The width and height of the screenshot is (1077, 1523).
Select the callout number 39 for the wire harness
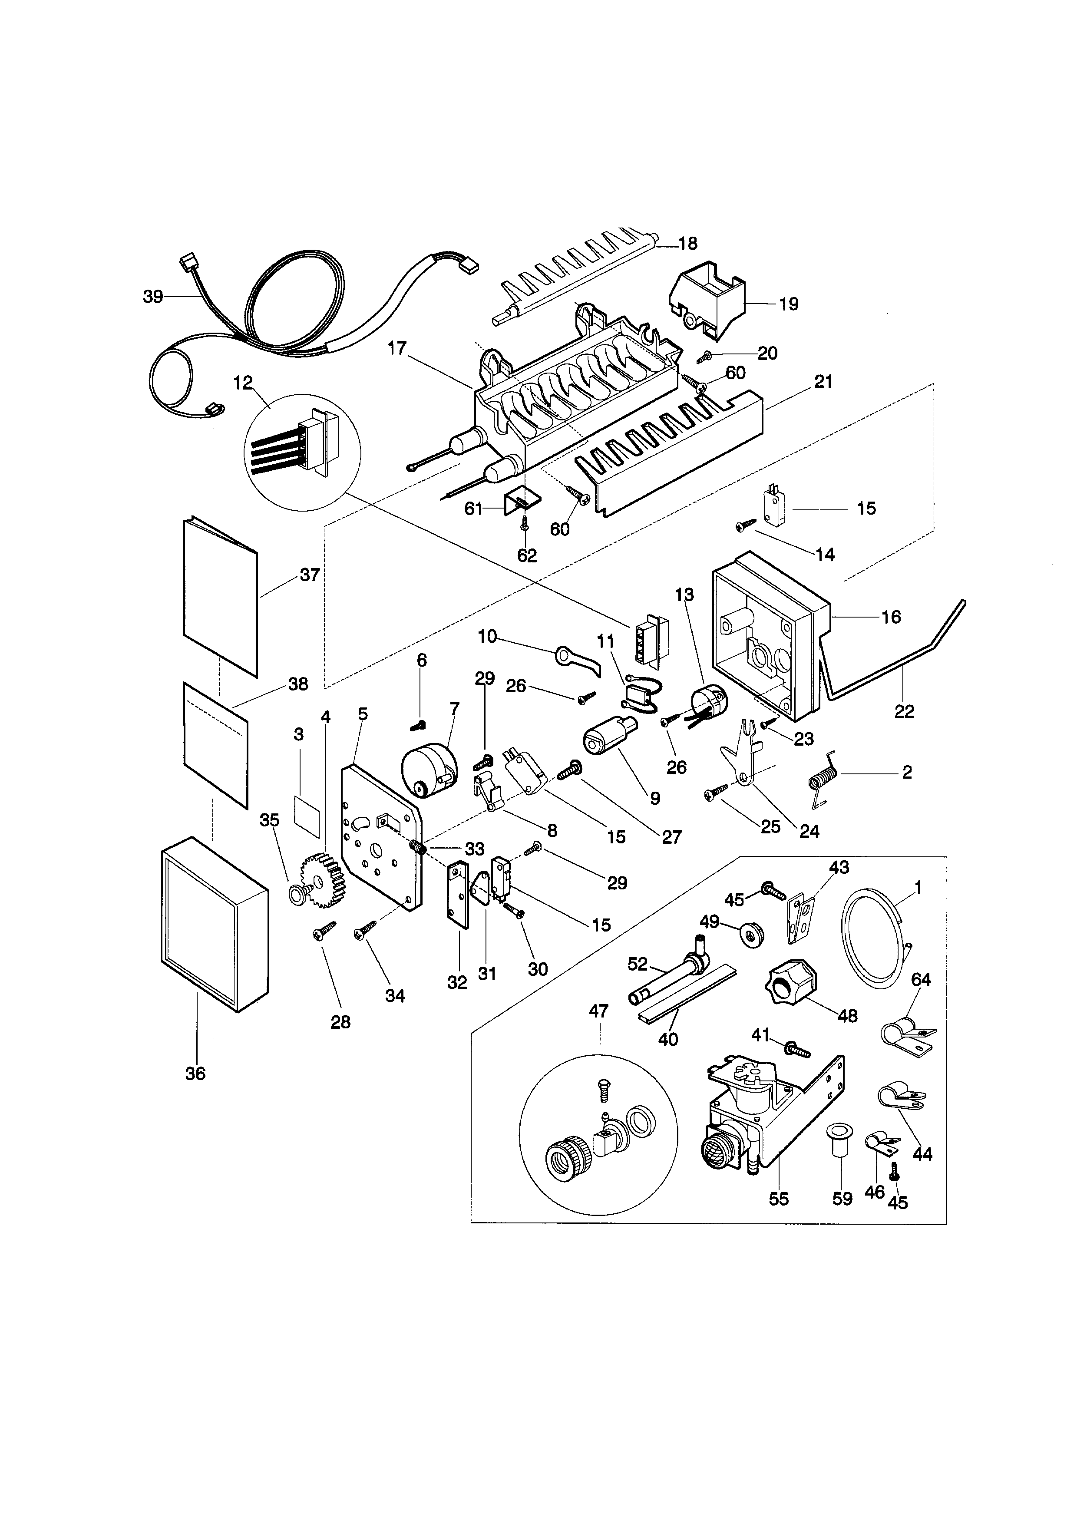tap(152, 297)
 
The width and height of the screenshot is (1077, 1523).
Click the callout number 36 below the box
tap(195, 1073)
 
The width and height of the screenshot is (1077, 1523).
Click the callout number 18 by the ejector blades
tap(688, 244)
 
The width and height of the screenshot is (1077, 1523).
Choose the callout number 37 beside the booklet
tap(310, 575)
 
